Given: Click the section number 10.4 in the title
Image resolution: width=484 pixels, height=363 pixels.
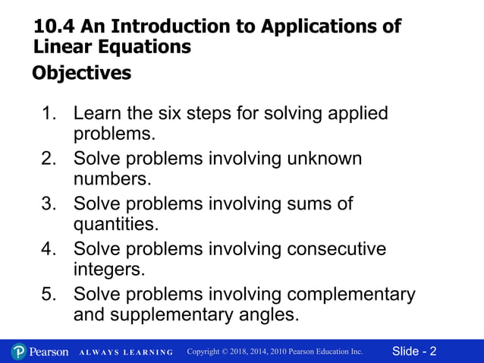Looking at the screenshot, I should coord(52,27).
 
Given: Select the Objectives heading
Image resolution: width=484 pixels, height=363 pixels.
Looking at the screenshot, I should coord(81,74).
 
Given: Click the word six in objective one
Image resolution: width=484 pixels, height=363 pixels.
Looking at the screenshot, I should coord(205,115).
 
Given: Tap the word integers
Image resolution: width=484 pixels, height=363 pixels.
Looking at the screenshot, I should coord(109,269).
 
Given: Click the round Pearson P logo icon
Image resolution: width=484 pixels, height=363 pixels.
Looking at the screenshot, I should coord(19,352).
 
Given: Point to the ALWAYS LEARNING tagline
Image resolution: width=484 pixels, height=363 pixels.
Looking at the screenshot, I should coord(126,352).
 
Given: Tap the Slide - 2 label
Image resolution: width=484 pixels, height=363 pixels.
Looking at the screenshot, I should coord(414,352).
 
